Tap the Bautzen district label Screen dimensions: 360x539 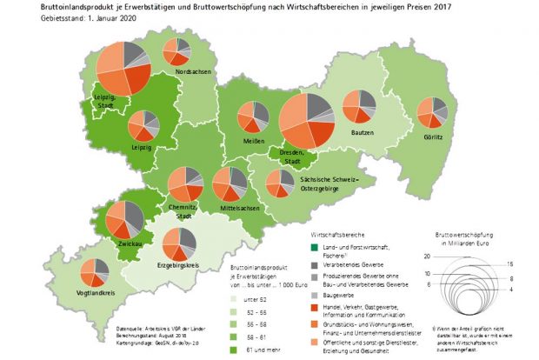(363, 132)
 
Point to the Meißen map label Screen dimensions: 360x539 (253, 141)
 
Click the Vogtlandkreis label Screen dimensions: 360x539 (97, 293)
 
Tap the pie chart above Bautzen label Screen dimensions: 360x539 (360, 110)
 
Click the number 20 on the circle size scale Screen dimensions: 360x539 (427, 257)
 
